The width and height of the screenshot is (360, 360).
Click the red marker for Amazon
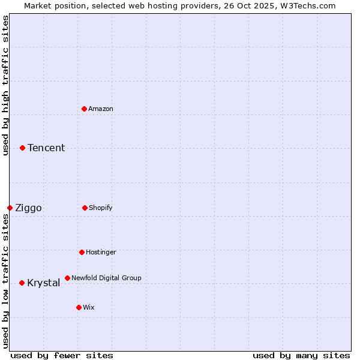[x=84, y=109]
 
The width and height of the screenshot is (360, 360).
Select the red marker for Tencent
[x=22, y=148]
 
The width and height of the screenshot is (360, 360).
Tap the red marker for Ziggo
[x=10, y=208]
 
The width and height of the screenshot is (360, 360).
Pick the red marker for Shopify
[x=85, y=208]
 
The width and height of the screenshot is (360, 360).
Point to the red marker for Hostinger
[x=82, y=252]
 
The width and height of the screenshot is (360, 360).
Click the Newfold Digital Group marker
[x=67, y=278]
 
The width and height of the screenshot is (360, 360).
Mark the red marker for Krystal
[x=22, y=283]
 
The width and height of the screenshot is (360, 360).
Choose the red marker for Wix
[x=79, y=307]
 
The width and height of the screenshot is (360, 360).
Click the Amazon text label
[x=101, y=109]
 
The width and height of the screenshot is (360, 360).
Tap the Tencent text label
[x=46, y=148]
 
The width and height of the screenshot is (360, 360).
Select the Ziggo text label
[x=28, y=208]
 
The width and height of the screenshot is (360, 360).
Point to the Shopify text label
[x=101, y=208]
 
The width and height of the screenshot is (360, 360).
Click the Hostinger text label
[x=101, y=252]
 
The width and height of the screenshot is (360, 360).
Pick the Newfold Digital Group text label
[x=106, y=278]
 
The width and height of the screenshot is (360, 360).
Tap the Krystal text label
[x=43, y=283]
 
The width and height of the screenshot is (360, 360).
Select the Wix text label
[x=89, y=307]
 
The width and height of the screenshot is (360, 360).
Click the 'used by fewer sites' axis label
[x=62, y=355]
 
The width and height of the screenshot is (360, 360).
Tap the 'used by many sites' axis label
[x=301, y=355]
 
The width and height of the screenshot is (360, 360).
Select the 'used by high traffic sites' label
[x=5, y=86]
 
